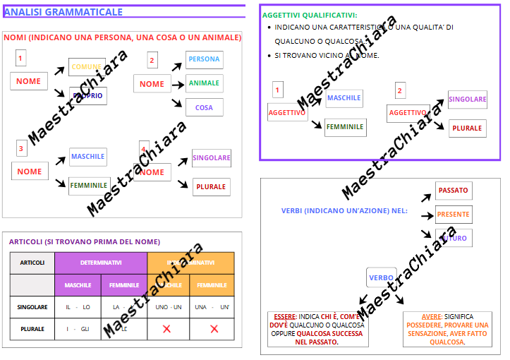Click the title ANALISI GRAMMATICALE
coord(63,12)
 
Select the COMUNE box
coord(87,67)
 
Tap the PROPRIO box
coord(88,96)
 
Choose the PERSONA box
coord(205,59)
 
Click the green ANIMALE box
coord(205,83)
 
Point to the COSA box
coord(205,107)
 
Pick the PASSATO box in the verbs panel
coord(453,191)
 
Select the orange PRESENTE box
coord(453,215)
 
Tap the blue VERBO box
coord(382,278)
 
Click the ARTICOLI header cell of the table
coord(32,263)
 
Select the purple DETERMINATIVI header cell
coord(101,263)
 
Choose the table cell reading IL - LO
coord(78,307)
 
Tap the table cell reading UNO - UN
coord(169,307)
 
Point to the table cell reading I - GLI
coord(78,329)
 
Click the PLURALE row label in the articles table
coord(32,329)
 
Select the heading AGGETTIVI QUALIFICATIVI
coord(310,15)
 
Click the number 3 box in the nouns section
coord(21,148)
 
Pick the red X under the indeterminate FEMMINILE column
coord(214,329)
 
